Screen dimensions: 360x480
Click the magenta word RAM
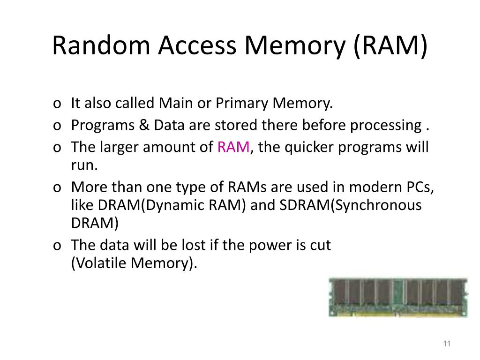[233, 147]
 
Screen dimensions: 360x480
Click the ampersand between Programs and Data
[144, 125]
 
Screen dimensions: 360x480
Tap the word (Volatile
[99, 263]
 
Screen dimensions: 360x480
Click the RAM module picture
[398, 297]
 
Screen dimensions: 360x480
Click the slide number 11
[446, 345]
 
